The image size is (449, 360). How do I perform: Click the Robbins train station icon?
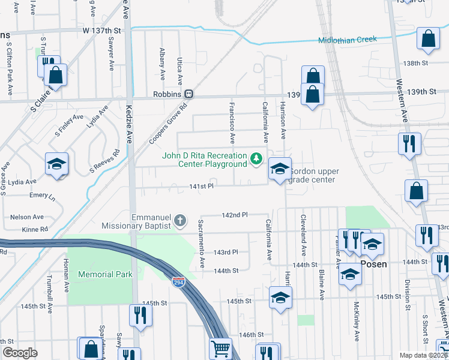189,94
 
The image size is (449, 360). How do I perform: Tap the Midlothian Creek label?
348,40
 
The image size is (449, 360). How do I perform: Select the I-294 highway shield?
179,282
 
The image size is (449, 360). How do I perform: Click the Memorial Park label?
105,274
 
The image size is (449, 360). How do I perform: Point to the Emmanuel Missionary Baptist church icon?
179,222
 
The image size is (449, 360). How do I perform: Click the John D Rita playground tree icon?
257,158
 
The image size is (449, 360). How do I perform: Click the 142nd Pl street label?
235,215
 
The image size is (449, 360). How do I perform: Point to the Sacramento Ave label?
202,244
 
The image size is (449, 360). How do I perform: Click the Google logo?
20,353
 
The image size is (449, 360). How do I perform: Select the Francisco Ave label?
231,123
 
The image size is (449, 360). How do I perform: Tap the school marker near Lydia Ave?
56,165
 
